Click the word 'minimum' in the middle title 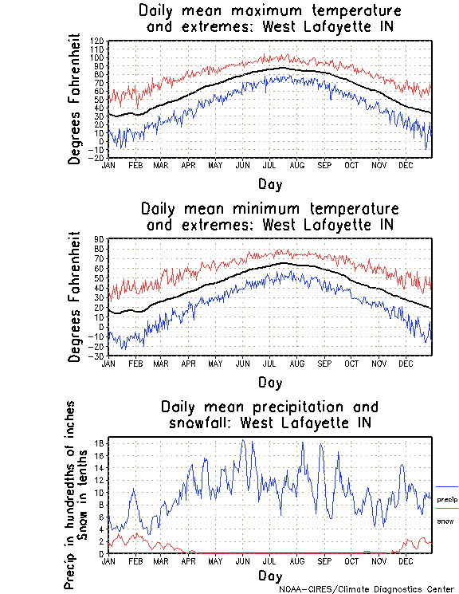(265, 210)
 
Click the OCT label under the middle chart (351, 363)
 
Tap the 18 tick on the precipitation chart (100, 443)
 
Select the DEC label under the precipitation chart (406, 561)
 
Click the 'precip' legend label (447, 499)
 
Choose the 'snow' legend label (445, 521)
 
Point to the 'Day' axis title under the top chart (269, 184)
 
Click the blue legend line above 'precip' (447, 486)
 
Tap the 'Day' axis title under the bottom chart (269, 575)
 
